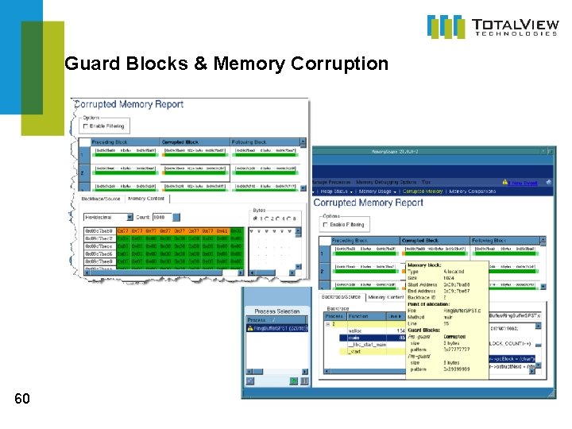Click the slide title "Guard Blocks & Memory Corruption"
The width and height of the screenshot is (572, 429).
(226, 63)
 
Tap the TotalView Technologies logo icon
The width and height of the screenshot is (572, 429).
(446, 26)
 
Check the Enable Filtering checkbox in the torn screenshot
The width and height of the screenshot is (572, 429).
(86, 126)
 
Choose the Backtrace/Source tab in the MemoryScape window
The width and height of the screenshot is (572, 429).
(340, 297)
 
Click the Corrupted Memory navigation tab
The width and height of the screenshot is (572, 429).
(423, 191)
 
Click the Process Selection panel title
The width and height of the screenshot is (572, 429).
(277, 311)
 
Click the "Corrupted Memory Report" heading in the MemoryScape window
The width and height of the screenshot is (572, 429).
(369, 203)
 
